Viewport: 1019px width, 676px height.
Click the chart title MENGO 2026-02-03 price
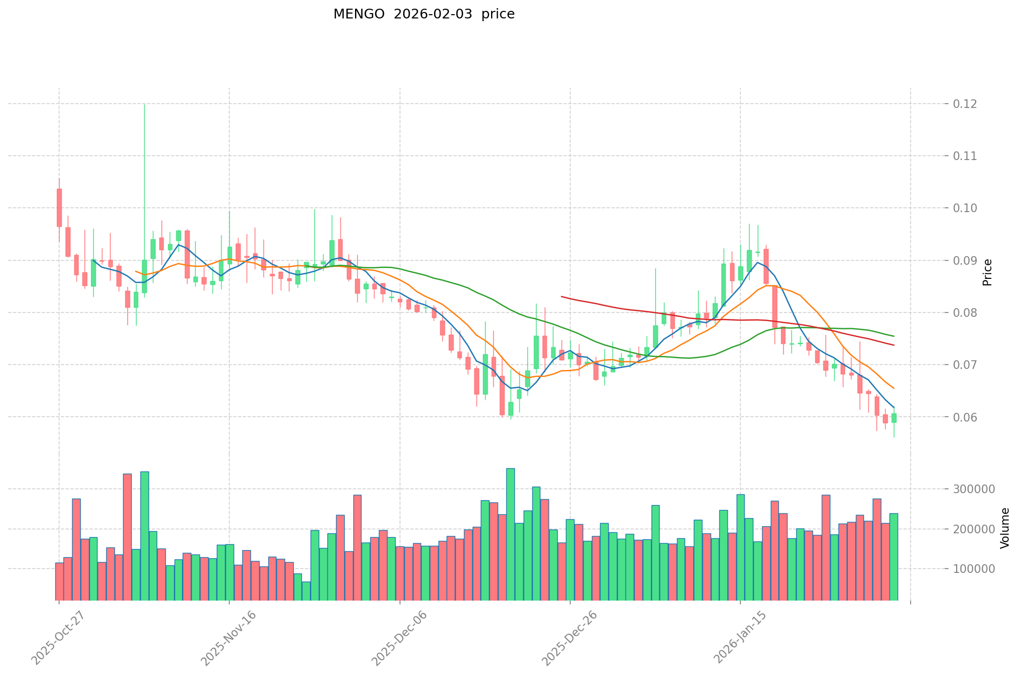tap(424, 14)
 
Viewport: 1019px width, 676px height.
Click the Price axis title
tap(988, 272)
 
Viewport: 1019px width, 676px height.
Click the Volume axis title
tap(1005, 528)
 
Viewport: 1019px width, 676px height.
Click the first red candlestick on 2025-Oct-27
tap(59, 207)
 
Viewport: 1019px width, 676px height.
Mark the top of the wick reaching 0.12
tap(144, 105)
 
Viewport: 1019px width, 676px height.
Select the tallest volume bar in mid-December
tap(511, 534)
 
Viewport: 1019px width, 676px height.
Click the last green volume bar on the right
tap(894, 557)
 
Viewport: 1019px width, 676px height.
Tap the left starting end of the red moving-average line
tap(562, 296)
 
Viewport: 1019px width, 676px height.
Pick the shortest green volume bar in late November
tap(306, 591)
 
